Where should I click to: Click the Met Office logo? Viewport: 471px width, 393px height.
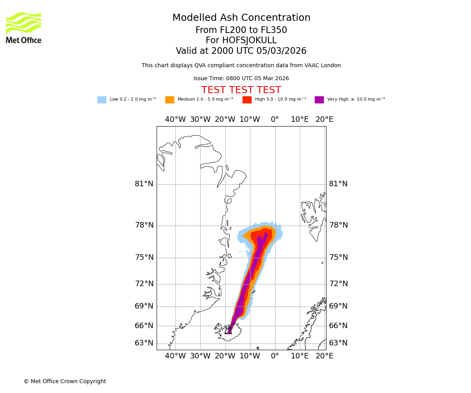pos(24,28)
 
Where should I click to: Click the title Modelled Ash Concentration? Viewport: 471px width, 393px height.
pos(241,18)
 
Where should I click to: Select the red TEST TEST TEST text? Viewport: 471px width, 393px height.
pos(241,90)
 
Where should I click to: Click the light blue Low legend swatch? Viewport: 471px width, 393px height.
pos(102,100)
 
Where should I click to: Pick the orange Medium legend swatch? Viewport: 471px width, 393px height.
pos(170,100)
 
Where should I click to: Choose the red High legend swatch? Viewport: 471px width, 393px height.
pos(247,100)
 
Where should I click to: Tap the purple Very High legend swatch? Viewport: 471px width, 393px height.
pos(319,100)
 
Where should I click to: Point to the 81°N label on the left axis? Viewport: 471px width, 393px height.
pos(144,184)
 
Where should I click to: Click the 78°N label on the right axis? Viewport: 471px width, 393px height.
pos(338,225)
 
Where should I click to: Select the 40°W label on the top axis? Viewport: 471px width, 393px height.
pos(175,119)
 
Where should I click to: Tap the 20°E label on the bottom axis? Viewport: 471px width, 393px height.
pos(325,356)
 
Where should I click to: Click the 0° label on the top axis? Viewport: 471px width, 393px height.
pos(275,119)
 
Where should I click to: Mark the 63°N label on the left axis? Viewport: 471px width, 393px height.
pos(144,343)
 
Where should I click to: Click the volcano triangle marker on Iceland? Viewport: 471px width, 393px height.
pos(228,331)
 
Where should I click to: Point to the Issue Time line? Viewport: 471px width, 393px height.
pos(241,79)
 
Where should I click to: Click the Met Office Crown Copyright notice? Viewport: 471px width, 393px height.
pos(65,382)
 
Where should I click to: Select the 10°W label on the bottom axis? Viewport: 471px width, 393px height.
pos(250,356)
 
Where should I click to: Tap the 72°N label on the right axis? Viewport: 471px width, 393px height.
pos(338,284)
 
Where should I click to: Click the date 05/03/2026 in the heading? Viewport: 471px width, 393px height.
pos(281,51)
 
